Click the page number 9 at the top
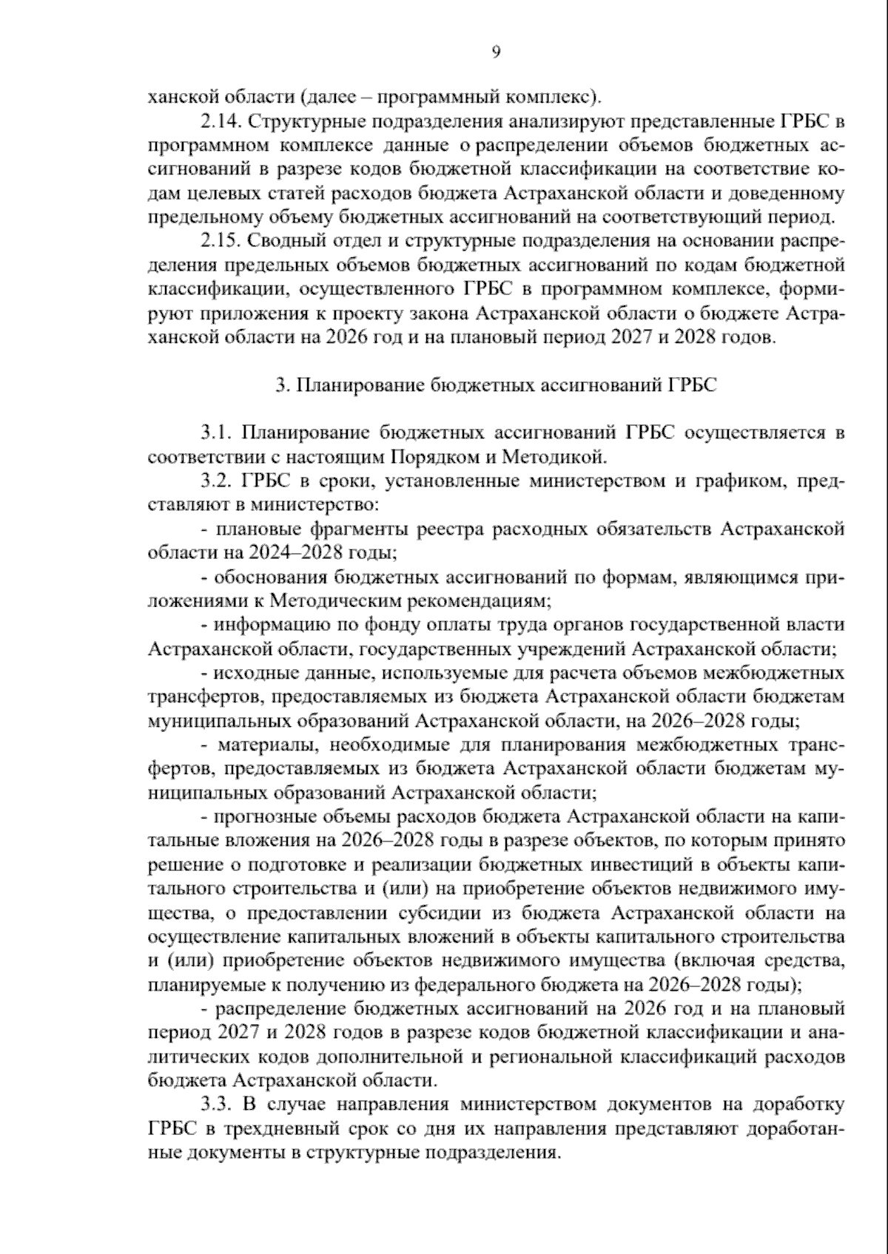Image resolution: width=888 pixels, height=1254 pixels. tap(495, 51)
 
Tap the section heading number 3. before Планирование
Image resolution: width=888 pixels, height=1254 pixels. tap(280, 386)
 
